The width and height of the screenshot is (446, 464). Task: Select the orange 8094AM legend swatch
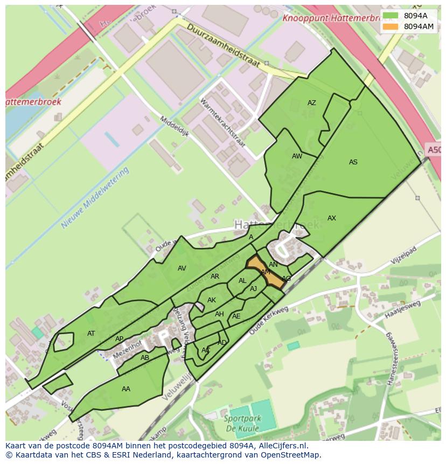click(391, 26)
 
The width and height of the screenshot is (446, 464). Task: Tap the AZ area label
click(312, 103)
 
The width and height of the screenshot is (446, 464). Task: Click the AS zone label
click(353, 162)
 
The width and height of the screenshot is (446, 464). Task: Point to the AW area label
click(297, 156)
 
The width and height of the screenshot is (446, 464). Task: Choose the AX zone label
click(332, 218)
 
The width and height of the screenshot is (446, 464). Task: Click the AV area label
click(182, 268)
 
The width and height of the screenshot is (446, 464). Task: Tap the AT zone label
click(91, 334)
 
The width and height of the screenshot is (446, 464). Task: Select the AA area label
click(126, 389)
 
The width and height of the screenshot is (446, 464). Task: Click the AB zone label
click(145, 358)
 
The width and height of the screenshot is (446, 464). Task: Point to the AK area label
click(212, 300)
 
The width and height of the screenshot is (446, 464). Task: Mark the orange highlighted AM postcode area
click(266, 272)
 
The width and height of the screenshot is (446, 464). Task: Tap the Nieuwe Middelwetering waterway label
click(95, 198)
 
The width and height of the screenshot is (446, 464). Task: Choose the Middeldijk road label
click(173, 127)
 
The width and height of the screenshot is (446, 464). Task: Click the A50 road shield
click(434, 149)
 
